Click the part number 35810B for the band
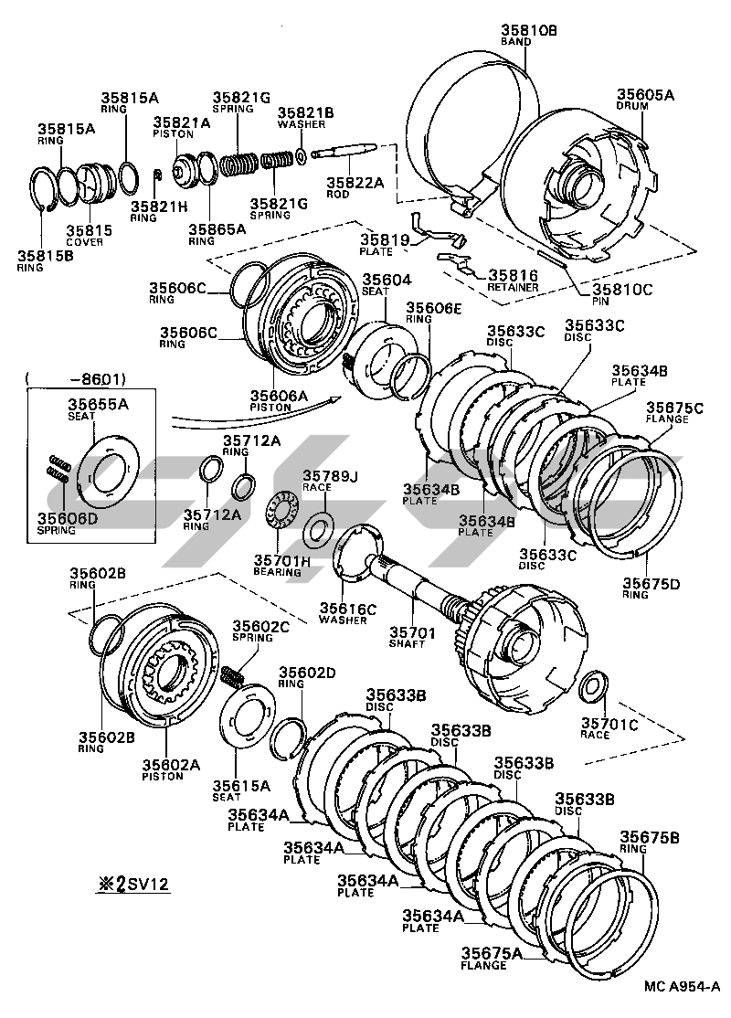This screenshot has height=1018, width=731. (x=528, y=30)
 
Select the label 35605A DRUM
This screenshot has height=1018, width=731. (x=644, y=100)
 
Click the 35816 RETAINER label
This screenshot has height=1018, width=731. (x=512, y=280)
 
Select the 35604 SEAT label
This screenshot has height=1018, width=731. (x=387, y=284)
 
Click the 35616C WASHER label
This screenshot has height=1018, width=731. (x=344, y=612)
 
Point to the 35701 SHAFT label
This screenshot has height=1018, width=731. (x=407, y=637)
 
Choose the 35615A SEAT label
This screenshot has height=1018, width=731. (x=241, y=790)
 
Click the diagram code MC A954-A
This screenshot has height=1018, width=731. (x=681, y=986)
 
